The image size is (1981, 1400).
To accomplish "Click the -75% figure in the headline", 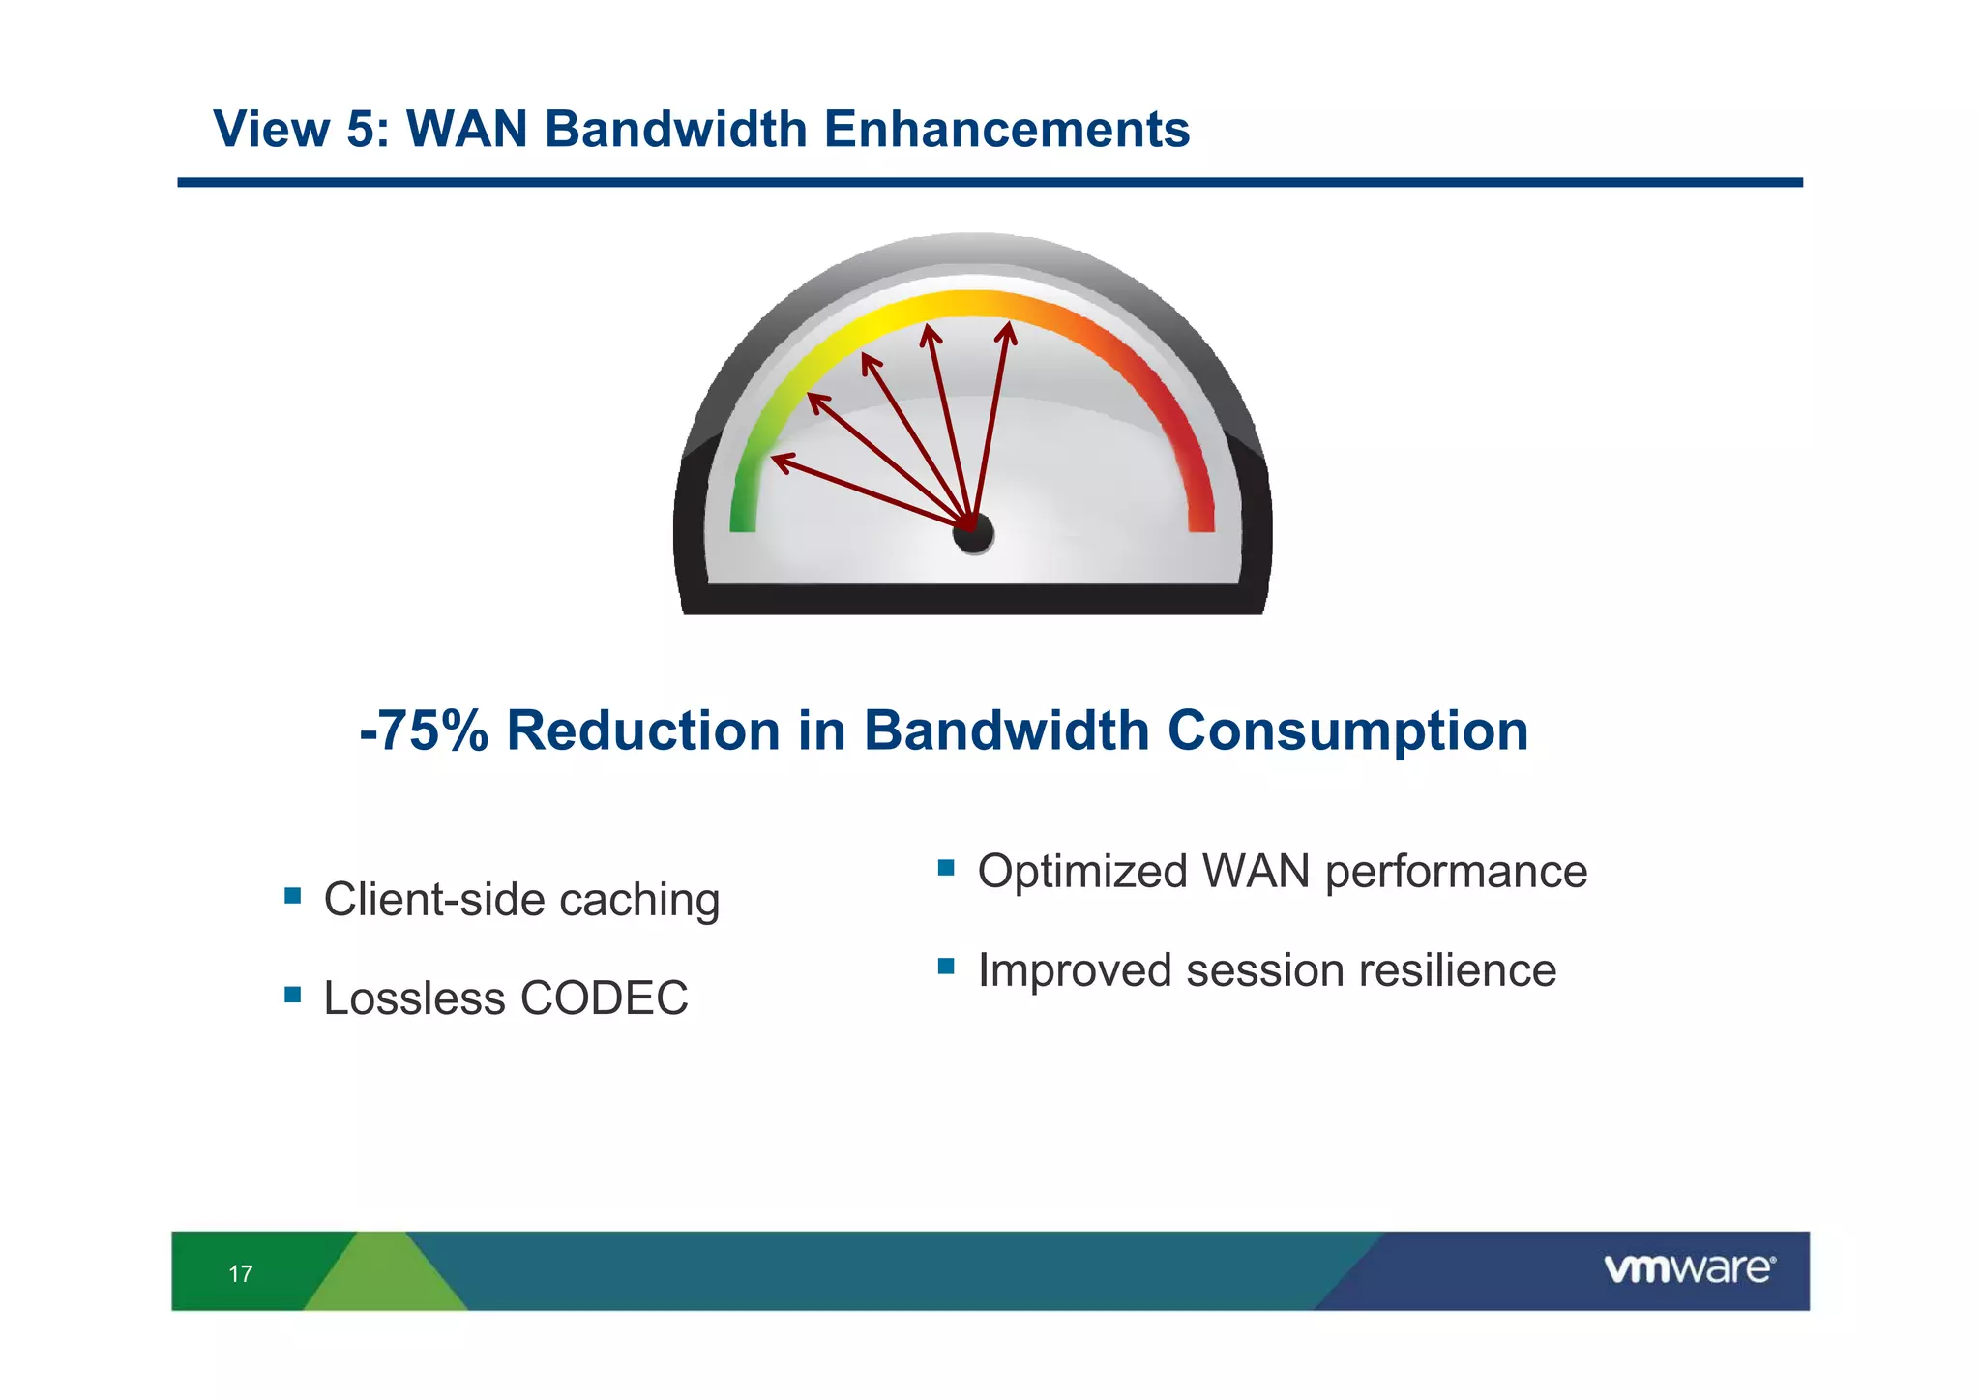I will click(424, 730).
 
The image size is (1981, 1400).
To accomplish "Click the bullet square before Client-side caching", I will click(292, 896).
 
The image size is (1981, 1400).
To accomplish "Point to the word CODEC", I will click(604, 998).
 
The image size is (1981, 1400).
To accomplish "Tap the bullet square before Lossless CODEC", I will click(292, 995).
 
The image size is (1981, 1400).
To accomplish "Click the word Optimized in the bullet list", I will click(1081, 872).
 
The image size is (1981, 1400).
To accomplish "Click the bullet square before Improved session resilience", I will click(946, 966).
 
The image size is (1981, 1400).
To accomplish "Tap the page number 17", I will click(241, 1274).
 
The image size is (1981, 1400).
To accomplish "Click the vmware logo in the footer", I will click(1689, 1268).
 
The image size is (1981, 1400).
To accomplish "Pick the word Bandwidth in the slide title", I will click(675, 130).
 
